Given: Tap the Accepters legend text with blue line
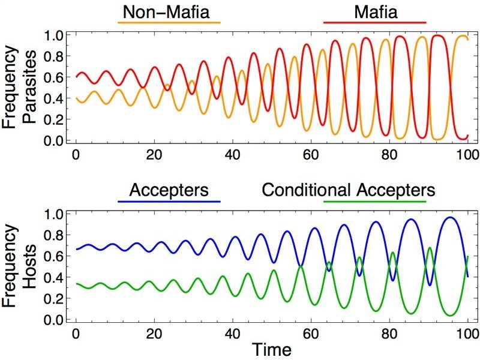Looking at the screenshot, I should tap(170, 191).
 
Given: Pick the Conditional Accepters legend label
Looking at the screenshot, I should tap(348, 191).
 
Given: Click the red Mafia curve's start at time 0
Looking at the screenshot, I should tap(76, 77).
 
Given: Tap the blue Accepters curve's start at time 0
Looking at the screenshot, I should tap(76, 249).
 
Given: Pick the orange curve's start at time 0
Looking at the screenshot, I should tap(76, 98).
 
